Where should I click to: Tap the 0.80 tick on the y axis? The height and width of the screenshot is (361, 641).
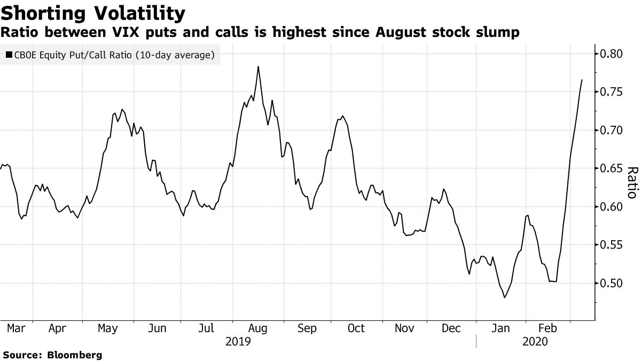(611, 54)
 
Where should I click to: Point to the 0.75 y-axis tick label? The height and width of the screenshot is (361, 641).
(611, 92)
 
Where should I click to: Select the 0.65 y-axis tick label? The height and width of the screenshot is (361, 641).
(611, 168)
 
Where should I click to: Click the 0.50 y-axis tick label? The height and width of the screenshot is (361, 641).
(611, 283)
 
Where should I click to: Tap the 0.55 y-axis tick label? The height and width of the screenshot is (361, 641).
(611, 245)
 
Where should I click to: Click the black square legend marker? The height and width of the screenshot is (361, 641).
(9, 55)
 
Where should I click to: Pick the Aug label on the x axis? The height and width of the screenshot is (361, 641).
(258, 329)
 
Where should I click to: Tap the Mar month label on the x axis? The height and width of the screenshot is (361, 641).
(16, 329)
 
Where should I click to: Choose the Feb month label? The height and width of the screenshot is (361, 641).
(548, 329)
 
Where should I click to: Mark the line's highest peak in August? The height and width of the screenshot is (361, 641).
(259, 66)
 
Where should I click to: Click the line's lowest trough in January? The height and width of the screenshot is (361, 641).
(504, 297)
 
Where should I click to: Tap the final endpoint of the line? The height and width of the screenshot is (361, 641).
(582, 80)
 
